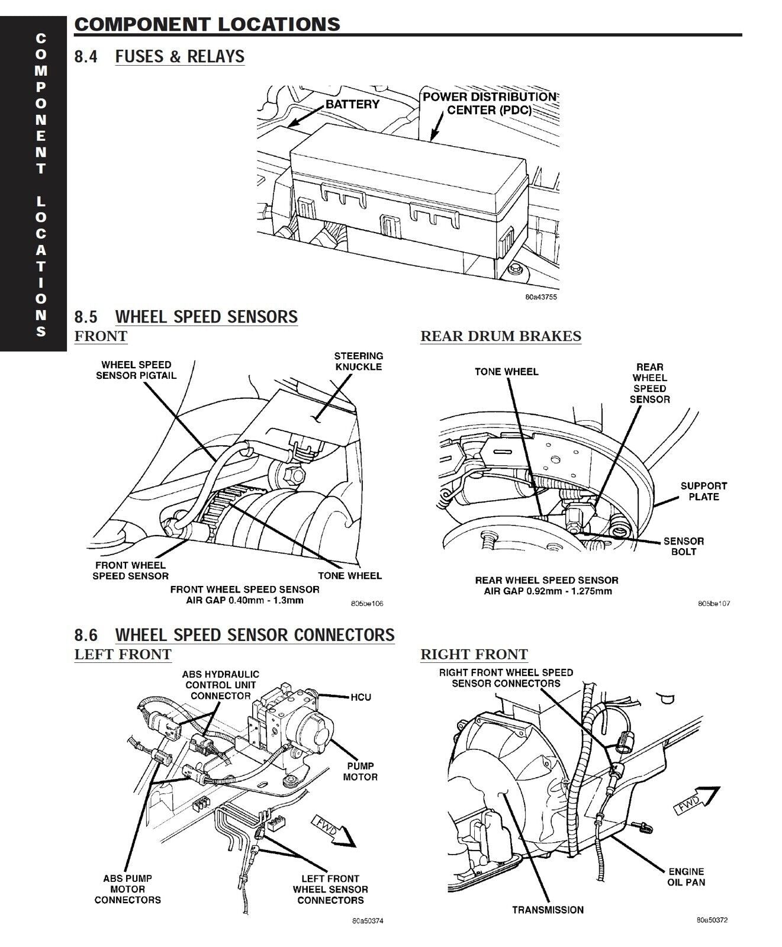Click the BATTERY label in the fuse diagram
[x=352, y=104]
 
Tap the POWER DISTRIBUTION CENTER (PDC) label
[x=490, y=104]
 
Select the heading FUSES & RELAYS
[x=179, y=56]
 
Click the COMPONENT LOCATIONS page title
[x=207, y=24]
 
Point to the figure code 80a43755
[x=540, y=297]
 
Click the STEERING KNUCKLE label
[x=358, y=361]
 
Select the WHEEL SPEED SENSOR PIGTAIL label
[x=136, y=370]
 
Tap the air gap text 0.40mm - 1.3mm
[x=244, y=600]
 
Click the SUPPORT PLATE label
[x=703, y=491]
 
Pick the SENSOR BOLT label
[x=684, y=546]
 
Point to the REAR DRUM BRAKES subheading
[x=501, y=336]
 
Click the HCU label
[x=361, y=697]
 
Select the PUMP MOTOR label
[x=360, y=771]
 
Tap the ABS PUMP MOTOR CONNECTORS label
[x=127, y=889]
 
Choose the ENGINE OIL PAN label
[x=686, y=877]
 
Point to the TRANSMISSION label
[x=548, y=910]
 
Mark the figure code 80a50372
[x=712, y=920]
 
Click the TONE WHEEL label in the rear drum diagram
[x=506, y=372]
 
